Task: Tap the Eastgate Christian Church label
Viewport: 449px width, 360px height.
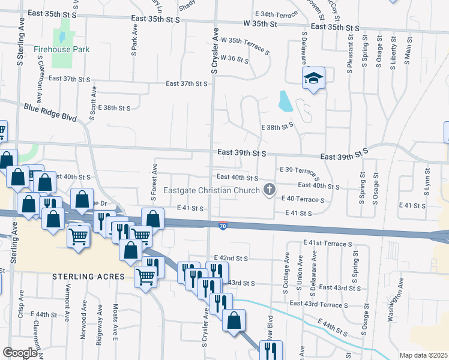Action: tap(212, 191)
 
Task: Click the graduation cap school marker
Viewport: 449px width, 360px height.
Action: tap(313, 79)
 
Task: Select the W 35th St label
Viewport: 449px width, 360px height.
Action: tap(261, 25)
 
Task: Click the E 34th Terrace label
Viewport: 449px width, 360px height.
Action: tap(277, 13)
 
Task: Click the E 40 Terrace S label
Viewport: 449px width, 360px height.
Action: tap(303, 198)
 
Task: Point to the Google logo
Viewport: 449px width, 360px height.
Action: tap(20, 352)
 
